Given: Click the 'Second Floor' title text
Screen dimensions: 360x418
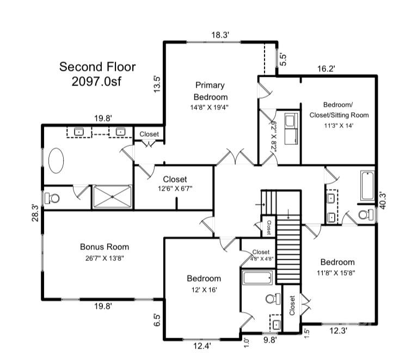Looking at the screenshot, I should coord(97,67).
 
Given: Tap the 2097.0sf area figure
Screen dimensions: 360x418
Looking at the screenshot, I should coord(97,81).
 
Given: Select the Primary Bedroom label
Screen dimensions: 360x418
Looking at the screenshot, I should coord(210,91).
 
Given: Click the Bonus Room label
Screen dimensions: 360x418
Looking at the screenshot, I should coord(104,247).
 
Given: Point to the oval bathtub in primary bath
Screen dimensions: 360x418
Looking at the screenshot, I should coord(56,161).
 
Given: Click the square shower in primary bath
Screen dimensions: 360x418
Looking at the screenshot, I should coord(112,196).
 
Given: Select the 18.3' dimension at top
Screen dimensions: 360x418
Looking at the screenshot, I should coord(220,35).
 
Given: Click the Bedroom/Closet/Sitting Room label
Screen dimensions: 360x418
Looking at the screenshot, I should coord(346,109).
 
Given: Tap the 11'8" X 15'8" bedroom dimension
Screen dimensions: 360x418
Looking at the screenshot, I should coord(337,273).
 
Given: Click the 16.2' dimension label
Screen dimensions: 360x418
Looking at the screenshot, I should coord(326,69).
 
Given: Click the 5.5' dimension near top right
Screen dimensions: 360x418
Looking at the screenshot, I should coord(282,59).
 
